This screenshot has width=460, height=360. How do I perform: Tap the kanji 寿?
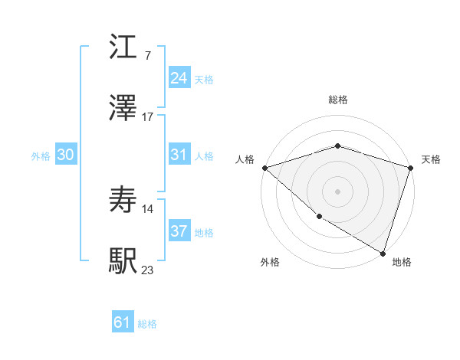[x=123, y=200]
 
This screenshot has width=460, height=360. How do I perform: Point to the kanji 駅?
[x=123, y=260]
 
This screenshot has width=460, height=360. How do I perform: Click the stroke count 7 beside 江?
[x=147, y=57]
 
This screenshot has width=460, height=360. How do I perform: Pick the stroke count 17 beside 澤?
[x=148, y=117]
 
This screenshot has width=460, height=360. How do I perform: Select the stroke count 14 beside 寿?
[x=148, y=208]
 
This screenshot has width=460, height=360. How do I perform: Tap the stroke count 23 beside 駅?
[x=148, y=270]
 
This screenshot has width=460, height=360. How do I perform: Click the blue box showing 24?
[x=179, y=78]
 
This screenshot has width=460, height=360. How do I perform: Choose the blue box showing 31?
[x=179, y=155]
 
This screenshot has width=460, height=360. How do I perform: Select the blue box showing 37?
[x=179, y=231]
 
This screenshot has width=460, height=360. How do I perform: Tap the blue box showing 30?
[x=65, y=155]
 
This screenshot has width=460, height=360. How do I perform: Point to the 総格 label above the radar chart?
[x=338, y=100]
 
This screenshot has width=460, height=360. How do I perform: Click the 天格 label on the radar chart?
[x=431, y=159]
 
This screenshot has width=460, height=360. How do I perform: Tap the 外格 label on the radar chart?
[x=270, y=263]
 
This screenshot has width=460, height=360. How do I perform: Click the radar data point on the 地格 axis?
[x=383, y=253]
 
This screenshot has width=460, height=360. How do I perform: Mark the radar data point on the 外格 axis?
[x=318, y=217]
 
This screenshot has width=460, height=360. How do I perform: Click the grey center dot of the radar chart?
[x=337, y=191]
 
